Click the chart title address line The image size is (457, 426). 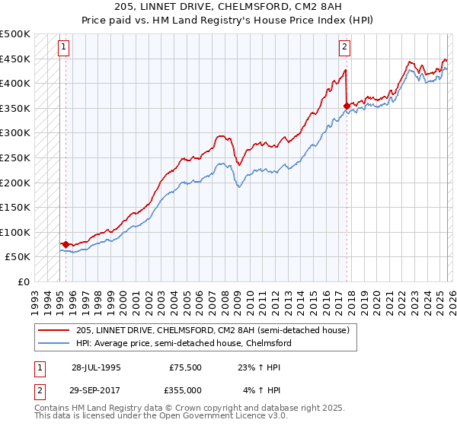[228, 8]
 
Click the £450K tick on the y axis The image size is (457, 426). [15, 59]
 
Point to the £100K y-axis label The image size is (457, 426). [15, 232]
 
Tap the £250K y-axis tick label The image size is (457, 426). [15, 157]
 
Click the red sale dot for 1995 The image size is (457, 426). [66, 244]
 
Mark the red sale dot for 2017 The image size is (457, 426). [347, 106]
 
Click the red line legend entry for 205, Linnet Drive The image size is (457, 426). [213, 330]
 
